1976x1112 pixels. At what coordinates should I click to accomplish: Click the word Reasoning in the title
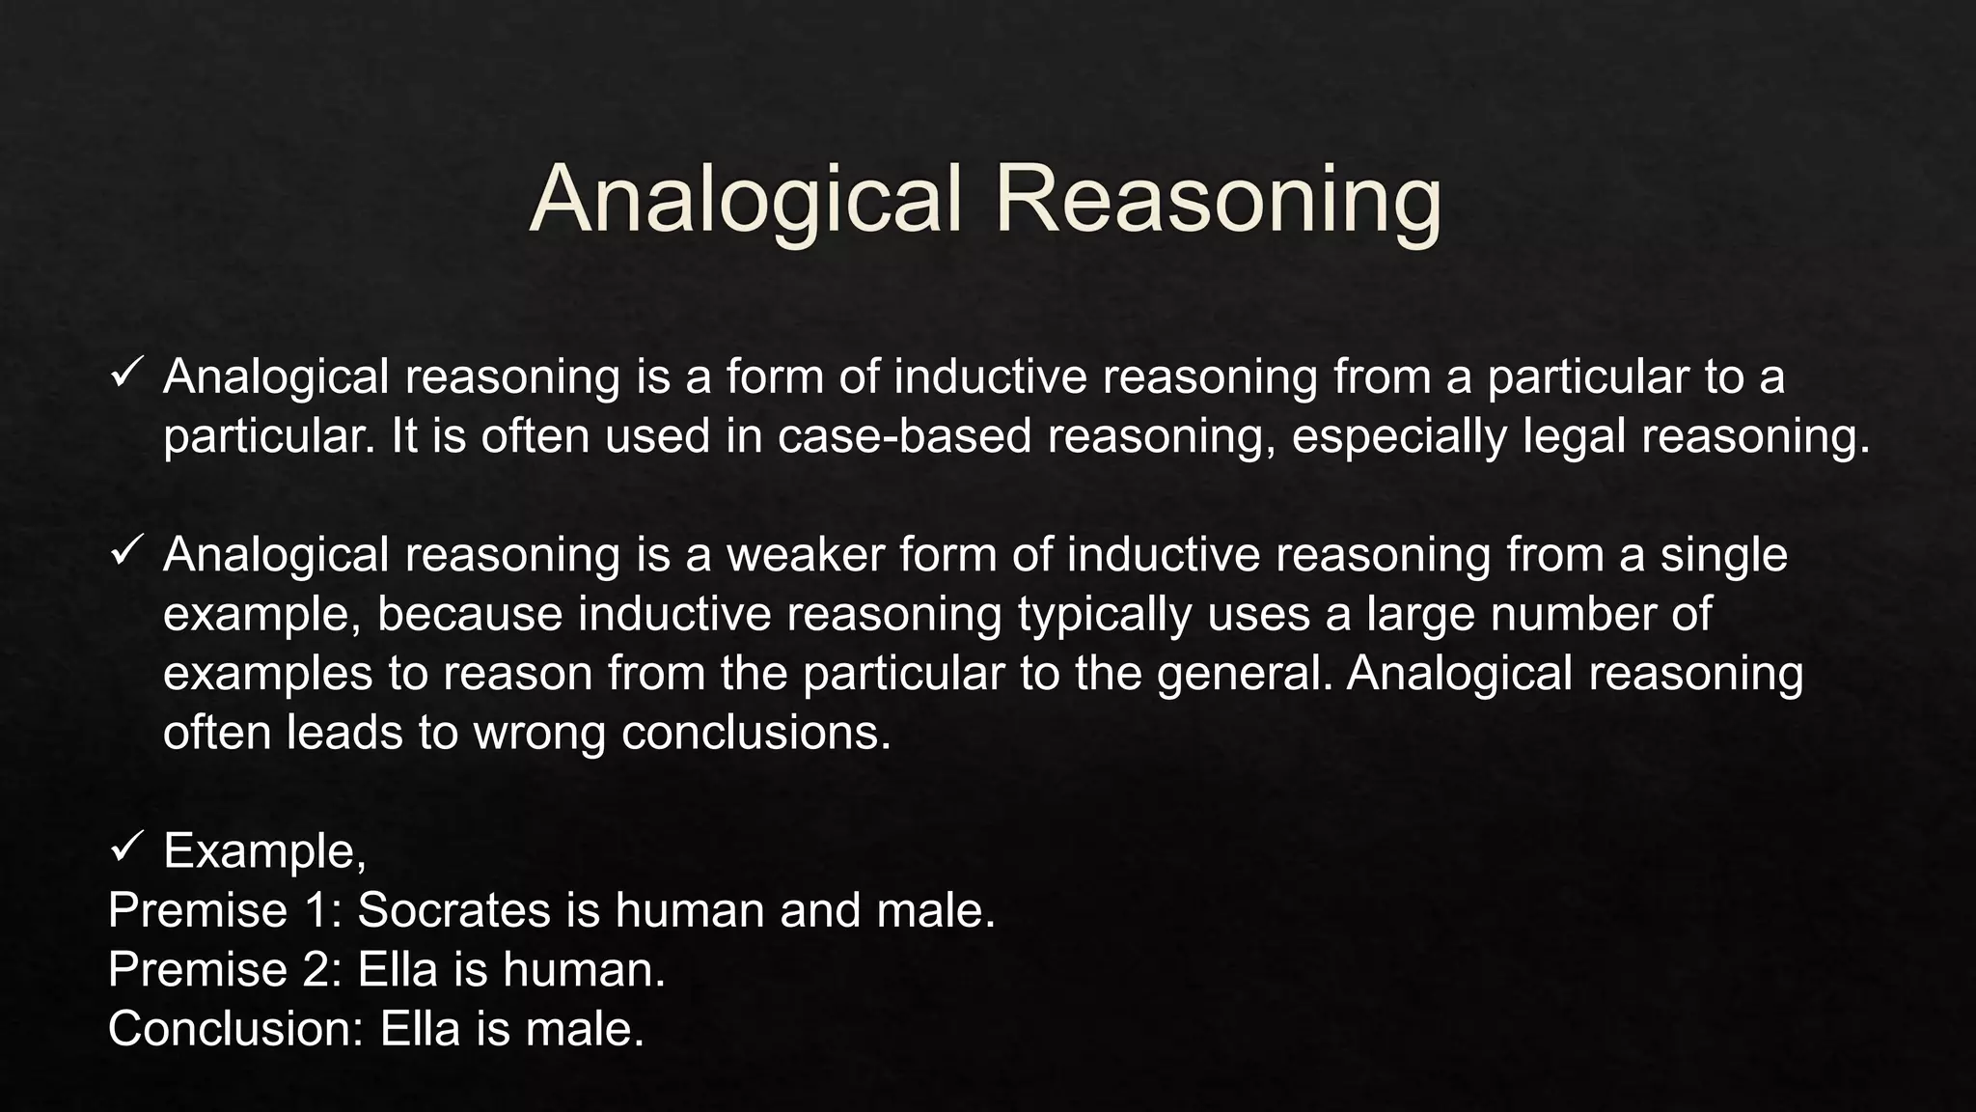pyautogui.click(x=1218, y=200)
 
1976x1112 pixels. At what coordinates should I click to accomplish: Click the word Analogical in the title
pyautogui.click(x=746, y=200)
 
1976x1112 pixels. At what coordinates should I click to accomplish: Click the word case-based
pyautogui.click(x=905, y=436)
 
